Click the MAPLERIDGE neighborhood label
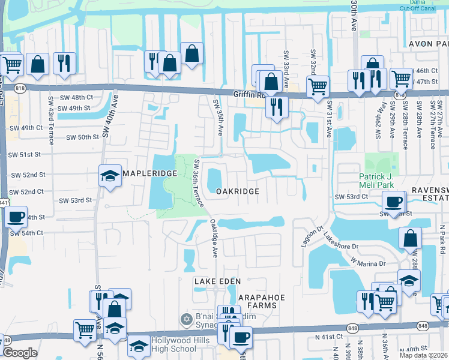(x=149, y=173)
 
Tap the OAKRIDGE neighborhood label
(x=238, y=191)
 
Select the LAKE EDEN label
(x=217, y=281)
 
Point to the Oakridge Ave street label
(x=214, y=239)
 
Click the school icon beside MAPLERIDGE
(x=110, y=175)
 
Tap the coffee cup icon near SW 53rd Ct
(x=394, y=202)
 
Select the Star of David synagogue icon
(x=186, y=318)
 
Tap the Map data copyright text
(x=423, y=355)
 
